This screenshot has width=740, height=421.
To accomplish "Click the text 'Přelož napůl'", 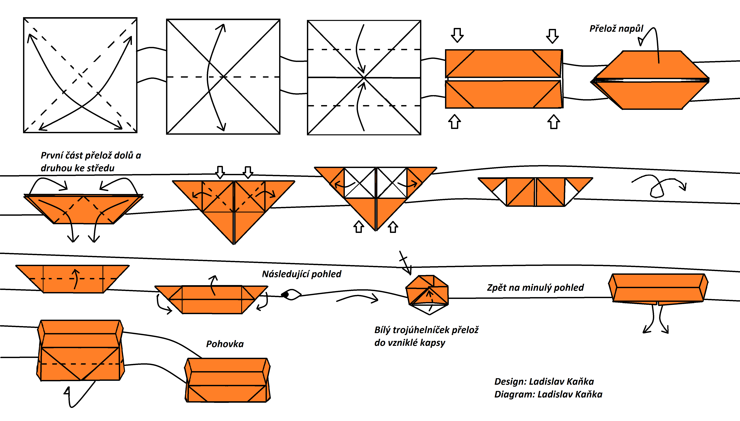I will (616, 29).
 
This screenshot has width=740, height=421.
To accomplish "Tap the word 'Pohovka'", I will (225, 344).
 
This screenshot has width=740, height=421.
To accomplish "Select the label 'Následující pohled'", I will (302, 274).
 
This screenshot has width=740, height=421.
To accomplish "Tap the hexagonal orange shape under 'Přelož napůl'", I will (650, 80).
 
